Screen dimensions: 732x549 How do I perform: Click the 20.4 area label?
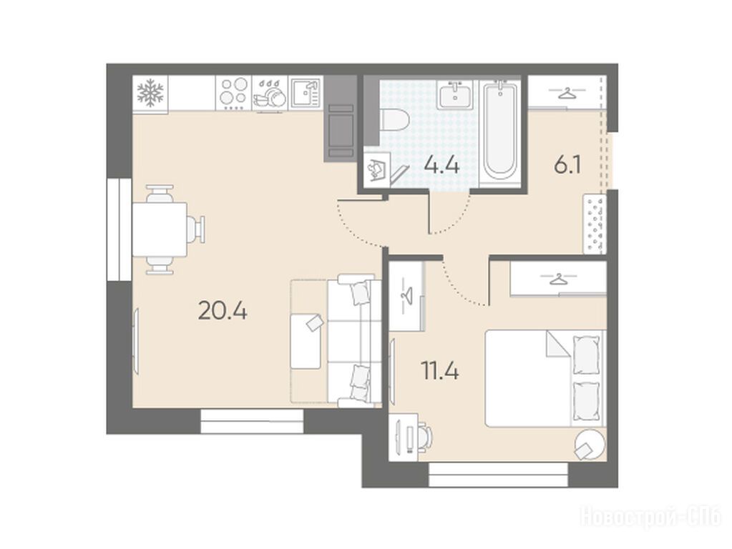[x=223, y=310]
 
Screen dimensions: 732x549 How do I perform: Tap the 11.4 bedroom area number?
[x=440, y=372]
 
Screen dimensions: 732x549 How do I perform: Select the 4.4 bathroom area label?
[x=441, y=166]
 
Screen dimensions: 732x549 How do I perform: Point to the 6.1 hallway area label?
[x=567, y=165]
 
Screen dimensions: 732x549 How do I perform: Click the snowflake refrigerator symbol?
[x=150, y=93]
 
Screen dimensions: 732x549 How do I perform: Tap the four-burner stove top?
[x=233, y=93]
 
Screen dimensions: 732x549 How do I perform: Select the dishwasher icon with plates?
[x=270, y=93]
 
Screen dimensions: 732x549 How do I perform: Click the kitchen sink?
[x=306, y=93]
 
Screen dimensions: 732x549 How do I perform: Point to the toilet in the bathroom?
[x=394, y=119]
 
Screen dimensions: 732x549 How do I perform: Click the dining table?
[x=160, y=229]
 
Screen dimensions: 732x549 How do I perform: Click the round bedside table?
[x=590, y=444]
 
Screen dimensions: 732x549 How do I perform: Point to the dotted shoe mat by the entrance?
[x=595, y=224]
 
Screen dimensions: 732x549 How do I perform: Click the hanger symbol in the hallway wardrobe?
[x=567, y=93]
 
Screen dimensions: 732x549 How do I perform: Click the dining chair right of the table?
[x=197, y=229]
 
